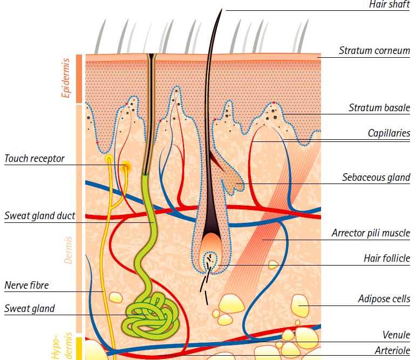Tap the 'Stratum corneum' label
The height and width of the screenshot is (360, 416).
tap(374, 51)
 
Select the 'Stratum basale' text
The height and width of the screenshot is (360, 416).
tap(379, 108)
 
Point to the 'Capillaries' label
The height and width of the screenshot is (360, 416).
tap(389, 133)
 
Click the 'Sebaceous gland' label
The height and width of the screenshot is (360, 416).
tap(376, 177)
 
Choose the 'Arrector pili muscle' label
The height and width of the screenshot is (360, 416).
tap(371, 234)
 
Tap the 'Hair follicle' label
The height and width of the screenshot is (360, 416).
tap(386, 259)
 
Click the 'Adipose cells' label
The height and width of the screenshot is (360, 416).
tap(384, 298)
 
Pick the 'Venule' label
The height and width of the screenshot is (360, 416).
tap(396, 335)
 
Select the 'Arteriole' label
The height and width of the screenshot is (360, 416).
tap(393, 351)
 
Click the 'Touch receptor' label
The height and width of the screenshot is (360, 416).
tap(35, 159)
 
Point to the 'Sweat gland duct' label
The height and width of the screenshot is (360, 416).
tap(40, 216)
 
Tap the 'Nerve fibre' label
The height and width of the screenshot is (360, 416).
tap(27, 285)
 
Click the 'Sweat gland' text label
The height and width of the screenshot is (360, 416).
tap(30, 309)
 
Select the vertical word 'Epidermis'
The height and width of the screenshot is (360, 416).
tap(67, 78)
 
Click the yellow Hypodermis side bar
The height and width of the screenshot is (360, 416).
tap(79, 348)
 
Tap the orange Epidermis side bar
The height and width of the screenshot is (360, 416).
tap(79, 78)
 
